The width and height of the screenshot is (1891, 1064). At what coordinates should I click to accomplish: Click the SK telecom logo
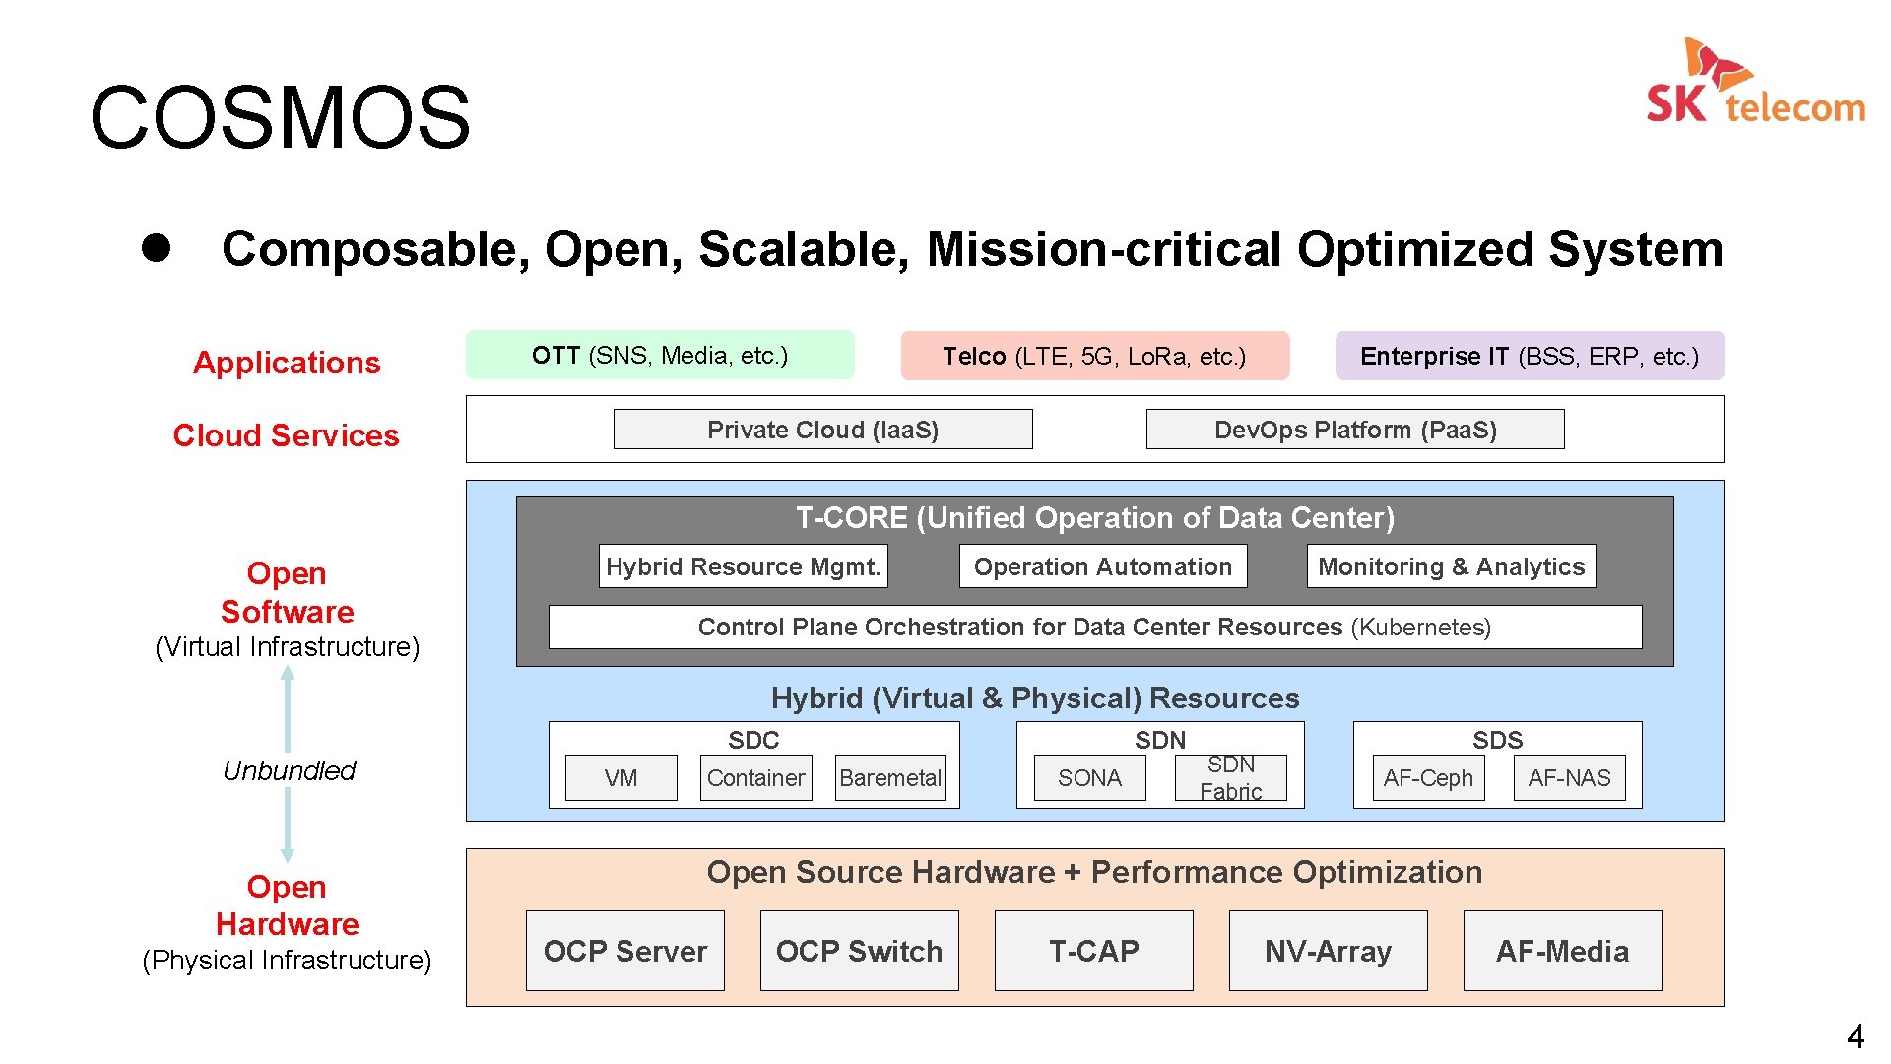click(1755, 83)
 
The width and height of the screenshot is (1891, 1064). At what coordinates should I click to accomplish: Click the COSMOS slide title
click(280, 118)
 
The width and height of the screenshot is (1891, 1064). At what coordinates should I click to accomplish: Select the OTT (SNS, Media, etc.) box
click(660, 356)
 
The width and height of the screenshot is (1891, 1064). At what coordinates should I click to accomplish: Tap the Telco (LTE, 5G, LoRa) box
click(1094, 357)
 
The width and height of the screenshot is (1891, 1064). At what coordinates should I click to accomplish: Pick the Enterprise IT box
click(1529, 357)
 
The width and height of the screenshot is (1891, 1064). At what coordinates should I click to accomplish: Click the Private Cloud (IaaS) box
click(822, 430)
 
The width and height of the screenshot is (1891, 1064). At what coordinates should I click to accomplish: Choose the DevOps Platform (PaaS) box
click(1354, 430)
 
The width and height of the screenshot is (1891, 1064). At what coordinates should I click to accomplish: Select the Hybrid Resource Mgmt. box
click(743, 566)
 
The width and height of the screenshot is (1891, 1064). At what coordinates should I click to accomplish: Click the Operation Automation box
click(1102, 566)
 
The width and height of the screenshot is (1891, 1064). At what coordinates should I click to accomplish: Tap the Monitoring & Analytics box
click(1451, 566)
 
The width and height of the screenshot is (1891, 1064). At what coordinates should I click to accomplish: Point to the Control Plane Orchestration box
click(1094, 628)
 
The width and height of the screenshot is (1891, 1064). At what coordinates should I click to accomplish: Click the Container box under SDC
click(755, 778)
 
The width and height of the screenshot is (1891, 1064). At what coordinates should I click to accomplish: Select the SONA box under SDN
click(1089, 778)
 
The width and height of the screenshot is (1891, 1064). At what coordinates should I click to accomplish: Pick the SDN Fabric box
click(1230, 778)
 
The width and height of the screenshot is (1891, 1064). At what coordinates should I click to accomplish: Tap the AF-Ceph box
click(1428, 778)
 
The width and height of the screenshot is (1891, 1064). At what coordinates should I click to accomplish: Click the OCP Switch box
click(859, 951)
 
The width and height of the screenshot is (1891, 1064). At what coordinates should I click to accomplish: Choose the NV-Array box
click(1328, 951)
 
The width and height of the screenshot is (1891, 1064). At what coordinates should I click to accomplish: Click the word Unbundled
click(289, 770)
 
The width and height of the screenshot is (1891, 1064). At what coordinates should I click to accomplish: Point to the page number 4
click(1855, 1036)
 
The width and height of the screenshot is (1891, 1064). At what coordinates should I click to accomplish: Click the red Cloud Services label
click(286, 435)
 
